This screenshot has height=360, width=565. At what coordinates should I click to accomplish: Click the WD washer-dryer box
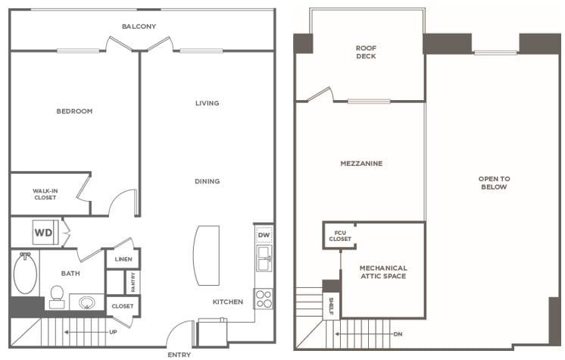click(x=45, y=233)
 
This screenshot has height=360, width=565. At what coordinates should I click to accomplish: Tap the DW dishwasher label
click(x=264, y=235)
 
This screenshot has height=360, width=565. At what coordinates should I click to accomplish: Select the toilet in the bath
click(x=57, y=297)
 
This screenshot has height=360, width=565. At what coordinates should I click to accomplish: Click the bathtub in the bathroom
click(x=25, y=273)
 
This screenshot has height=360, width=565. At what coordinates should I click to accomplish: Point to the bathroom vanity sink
click(x=86, y=302)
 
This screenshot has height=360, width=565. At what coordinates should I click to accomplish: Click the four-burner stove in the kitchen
click(x=264, y=299)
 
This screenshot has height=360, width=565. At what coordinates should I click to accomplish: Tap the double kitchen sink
click(x=264, y=258)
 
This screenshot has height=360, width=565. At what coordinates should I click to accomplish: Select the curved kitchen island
click(x=207, y=255)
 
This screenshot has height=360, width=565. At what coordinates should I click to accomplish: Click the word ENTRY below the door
click(x=179, y=355)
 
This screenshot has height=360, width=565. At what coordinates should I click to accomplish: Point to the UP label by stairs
click(x=113, y=332)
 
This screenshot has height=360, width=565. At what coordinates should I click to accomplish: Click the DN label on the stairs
click(x=398, y=334)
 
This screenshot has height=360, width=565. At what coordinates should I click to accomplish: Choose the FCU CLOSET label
click(x=340, y=236)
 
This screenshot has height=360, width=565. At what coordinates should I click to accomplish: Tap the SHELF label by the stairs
click(x=331, y=306)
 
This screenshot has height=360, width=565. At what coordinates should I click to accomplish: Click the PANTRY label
click(x=133, y=282)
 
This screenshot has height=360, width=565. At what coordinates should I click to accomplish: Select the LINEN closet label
click(x=123, y=259)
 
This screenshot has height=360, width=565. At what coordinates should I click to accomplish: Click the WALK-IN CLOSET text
click(x=45, y=194)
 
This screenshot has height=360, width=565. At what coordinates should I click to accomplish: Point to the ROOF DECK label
click(x=366, y=52)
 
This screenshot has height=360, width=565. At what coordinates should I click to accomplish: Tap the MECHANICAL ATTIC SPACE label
click(x=383, y=272)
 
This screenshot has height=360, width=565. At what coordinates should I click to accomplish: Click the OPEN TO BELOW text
click(x=494, y=183)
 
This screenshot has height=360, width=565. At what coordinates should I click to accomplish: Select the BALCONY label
click(x=139, y=27)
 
